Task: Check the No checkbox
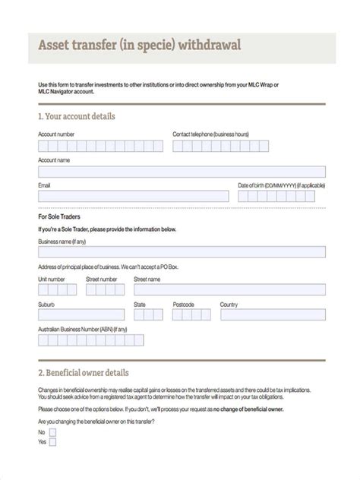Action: [x=54, y=431]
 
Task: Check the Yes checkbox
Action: [x=54, y=441]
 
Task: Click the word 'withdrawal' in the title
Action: [x=208, y=45]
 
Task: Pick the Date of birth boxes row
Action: [x=282, y=196]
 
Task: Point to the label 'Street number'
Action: [x=102, y=279]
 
